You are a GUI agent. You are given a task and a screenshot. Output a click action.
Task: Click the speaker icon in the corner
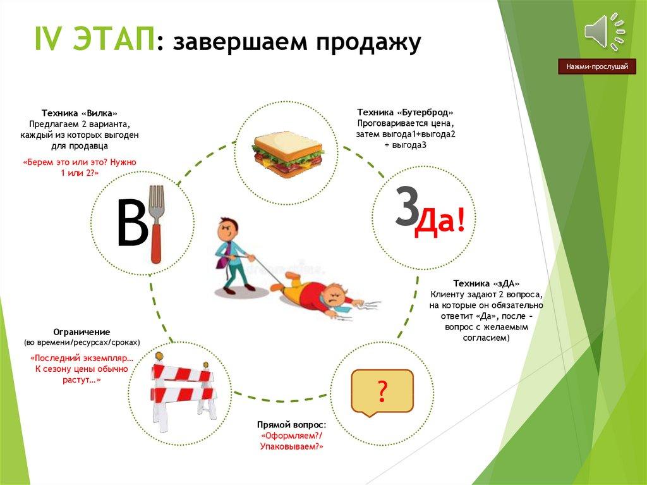[604, 32]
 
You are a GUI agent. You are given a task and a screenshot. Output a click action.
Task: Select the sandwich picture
[287, 154]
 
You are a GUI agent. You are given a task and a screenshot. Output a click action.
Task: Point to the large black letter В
[132, 223]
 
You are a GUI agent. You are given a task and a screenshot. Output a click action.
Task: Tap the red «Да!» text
[440, 223]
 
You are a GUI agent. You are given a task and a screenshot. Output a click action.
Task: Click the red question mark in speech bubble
[382, 392]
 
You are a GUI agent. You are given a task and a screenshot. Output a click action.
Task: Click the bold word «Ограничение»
[82, 332]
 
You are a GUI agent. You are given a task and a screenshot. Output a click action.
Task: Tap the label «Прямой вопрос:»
[291, 425]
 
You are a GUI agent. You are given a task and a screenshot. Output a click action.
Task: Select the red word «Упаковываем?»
[291, 446]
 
